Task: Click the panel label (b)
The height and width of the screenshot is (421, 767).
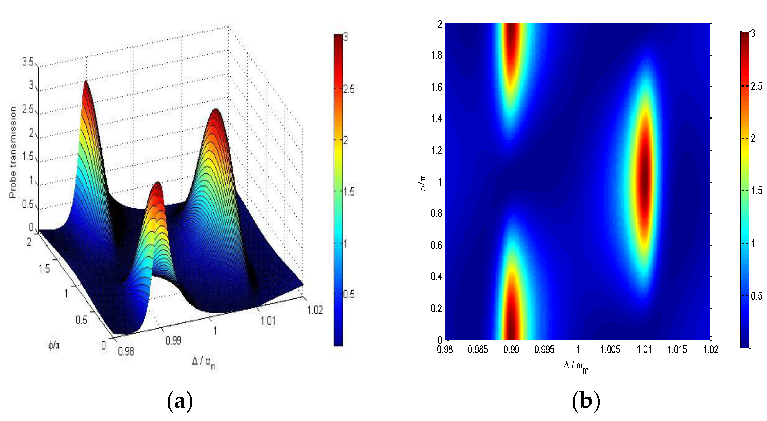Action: click(x=586, y=401)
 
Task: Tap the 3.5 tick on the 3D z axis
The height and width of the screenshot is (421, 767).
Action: click(x=28, y=62)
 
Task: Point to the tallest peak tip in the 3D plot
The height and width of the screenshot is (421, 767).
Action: click(x=86, y=82)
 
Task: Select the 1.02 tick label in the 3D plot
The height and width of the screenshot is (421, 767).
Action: click(x=315, y=310)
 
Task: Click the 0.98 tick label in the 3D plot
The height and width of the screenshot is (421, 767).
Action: click(x=126, y=351)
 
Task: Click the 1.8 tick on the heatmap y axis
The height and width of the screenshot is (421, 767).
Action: click(x=437, y=55)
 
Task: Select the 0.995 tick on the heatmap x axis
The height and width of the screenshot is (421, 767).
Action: click(x=544, y=350)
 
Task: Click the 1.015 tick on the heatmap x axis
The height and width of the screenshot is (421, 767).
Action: click(x=677, y=350)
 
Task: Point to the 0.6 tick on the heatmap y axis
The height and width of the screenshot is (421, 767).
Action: click(x=437, y=245)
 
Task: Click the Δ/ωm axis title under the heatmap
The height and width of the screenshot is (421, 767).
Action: click(x=576, y=366)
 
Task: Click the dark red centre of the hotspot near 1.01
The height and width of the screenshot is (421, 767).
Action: click(x=644, y=182)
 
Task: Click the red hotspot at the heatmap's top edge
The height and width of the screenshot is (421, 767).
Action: click(x=511, y=36)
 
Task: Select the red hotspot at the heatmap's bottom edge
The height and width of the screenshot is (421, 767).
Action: click(x=511, y=327)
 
